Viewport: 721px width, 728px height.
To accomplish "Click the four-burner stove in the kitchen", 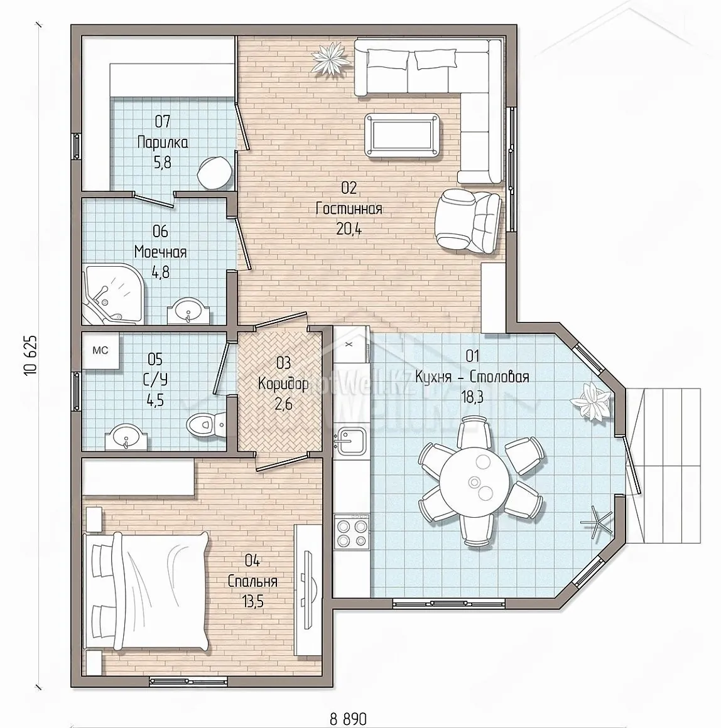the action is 351,532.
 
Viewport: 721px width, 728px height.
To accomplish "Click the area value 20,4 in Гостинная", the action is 349,229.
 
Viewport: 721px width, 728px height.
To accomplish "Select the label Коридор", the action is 283,383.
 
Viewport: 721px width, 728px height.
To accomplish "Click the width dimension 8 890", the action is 349,719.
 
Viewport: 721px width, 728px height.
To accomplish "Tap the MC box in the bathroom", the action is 100,351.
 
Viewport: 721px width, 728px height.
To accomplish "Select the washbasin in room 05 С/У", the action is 126,438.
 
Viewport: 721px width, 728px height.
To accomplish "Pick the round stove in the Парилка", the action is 215,172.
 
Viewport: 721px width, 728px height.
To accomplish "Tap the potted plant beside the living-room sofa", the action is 329,58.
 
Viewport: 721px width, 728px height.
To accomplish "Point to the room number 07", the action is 163,122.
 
